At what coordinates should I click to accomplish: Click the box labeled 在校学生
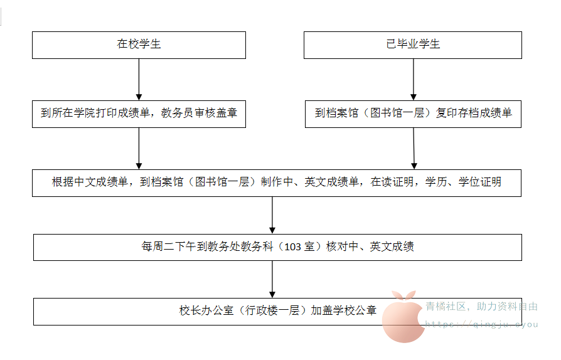pyautogui.click(x=139, y=45)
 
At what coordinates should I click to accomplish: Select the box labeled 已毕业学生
pyautogui.click(x=413, y=45)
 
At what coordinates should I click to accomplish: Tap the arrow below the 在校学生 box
pyautogui.click(x=139, y=80)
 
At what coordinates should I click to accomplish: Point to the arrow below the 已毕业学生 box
pyautogui.click(x=413, y=80)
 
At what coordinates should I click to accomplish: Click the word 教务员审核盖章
pyautogui.click(x=199, y=114)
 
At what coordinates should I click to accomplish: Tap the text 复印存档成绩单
pyautogui.click(x=474, y=114)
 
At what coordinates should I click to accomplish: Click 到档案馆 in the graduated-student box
pyautogui.click(x=336, y=114)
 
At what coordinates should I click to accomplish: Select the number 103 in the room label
pyautogui.click(x=293, y=247)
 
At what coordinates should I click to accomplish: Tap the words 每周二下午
pyautogui.click(x=169, y=247)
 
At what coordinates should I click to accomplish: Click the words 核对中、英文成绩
pyautogui.click(x=370, y=247)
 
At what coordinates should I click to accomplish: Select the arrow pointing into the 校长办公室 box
pyautogui.click(x=272, y=279)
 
